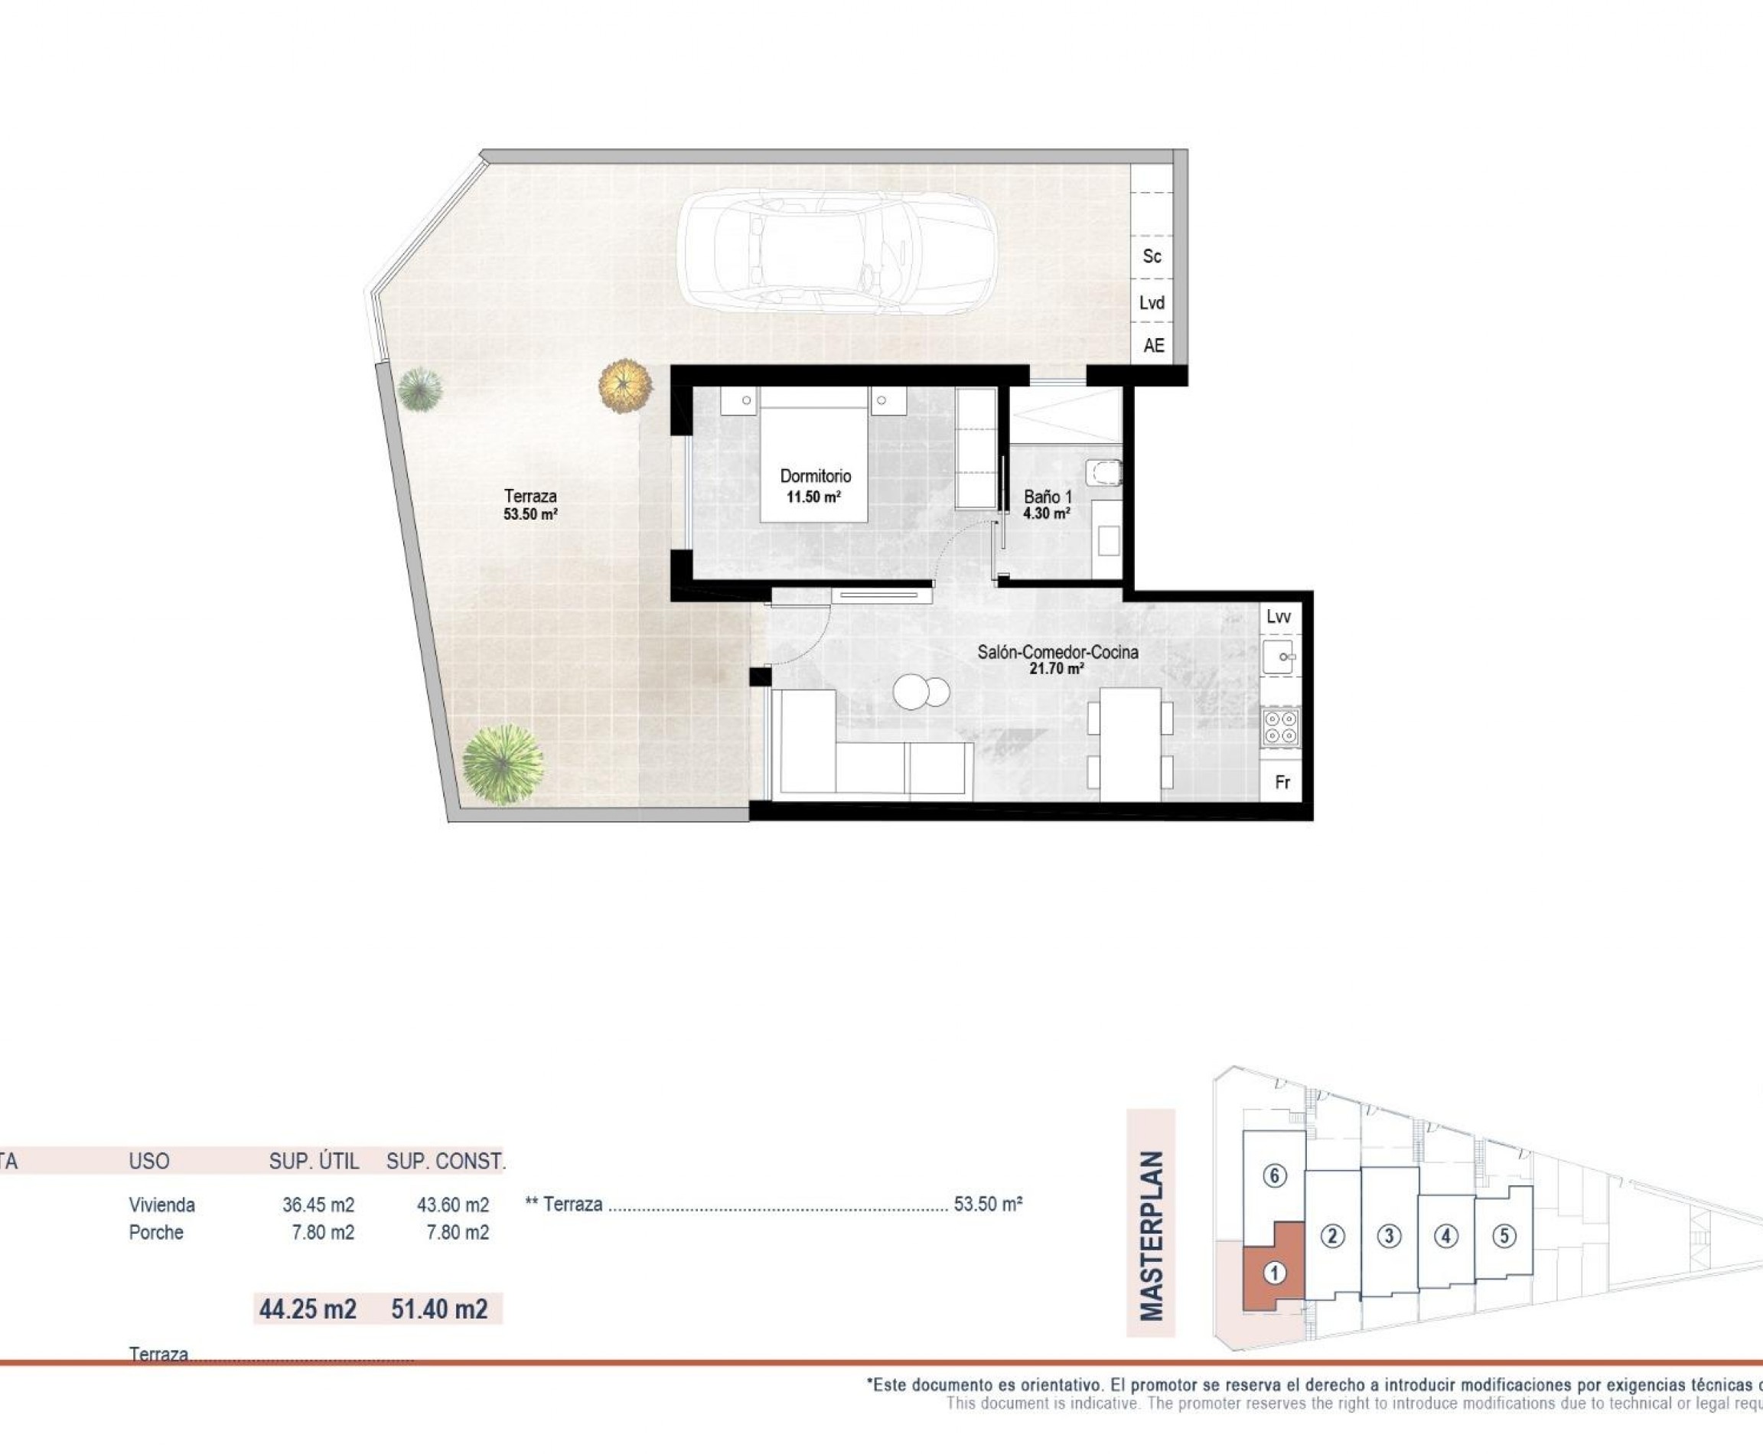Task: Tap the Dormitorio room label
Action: (815, 477)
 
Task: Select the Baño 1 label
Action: (1047, 497)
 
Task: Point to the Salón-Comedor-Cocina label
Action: (1057, 653)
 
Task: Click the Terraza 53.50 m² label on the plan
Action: (530, 504)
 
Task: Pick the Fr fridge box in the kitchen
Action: (1282, 782)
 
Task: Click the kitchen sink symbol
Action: (1279, 657)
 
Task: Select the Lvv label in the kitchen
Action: (1278, 618)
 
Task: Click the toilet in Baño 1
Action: (1103, 473)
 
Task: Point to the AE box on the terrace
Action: (1153, 345)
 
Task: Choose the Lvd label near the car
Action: (1152, 302)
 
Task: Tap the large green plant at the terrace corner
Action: (503, 764)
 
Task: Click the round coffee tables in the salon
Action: (921, 693)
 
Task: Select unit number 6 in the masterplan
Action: (1274, 1176)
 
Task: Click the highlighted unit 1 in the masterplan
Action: (1273, 1274)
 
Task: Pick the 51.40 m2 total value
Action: (439, 1309)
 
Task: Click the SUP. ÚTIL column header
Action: (313, 1161)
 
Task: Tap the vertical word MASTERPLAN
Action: (1152, 1235)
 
